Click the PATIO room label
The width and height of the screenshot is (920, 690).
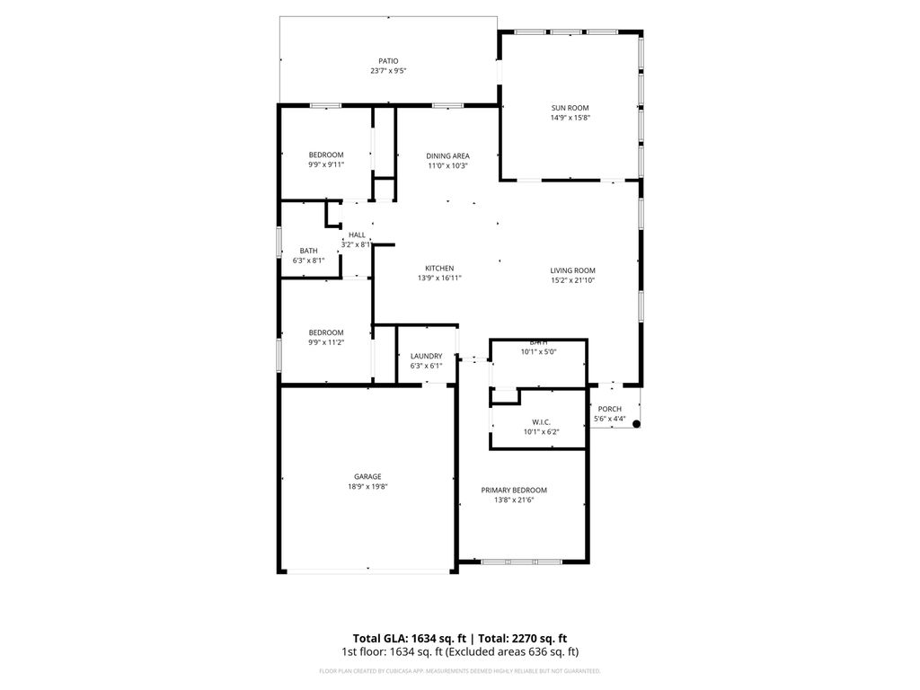pos(388,61)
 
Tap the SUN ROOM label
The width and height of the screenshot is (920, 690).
pos(570,108)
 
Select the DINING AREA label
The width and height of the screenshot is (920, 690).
pos(447,156)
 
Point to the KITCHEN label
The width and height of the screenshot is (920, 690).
pos(439,269)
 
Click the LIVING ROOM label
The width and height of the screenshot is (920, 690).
pos(572,270)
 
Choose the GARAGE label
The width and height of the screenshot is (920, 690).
pos(367,476)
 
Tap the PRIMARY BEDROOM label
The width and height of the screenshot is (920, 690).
pos(514,490)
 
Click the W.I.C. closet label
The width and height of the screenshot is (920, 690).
pos(541,421)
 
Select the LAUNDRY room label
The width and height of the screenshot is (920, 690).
pos(426,356)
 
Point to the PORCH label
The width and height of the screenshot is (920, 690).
pos(609,409)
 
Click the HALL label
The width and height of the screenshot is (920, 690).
pos(357,234)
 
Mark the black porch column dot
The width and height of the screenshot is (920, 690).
pos(636,423)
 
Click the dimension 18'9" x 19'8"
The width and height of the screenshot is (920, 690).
pos(367,487)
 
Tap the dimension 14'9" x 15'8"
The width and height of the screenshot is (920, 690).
pos(570,118)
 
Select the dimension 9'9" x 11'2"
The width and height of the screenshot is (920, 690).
pos(326,342)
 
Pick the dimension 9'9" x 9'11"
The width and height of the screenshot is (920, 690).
pos(326,164)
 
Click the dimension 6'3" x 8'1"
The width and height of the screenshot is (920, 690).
pos(308,261)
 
